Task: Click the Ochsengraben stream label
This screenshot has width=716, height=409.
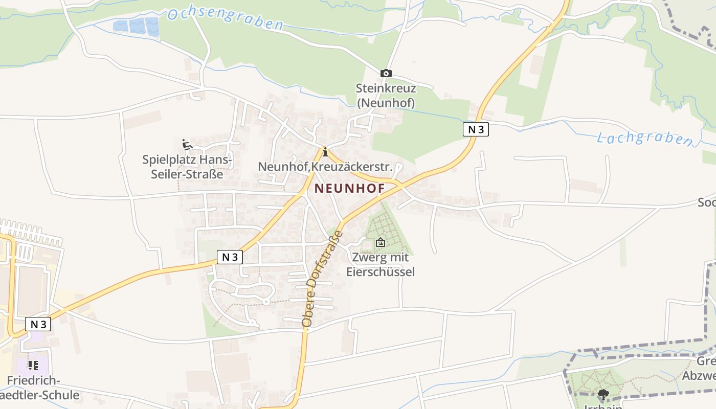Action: pos(225,18)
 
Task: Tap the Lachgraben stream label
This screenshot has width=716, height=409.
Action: pos(644,139)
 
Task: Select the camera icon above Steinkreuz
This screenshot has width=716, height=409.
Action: pos(386,74)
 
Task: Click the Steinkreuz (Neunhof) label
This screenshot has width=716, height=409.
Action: pos(386,96)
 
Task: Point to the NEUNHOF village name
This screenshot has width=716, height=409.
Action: pos(349,188)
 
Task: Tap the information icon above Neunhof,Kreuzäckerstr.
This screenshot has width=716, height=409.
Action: pos(325,152)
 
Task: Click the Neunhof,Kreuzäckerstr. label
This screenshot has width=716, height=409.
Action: pos(325,167)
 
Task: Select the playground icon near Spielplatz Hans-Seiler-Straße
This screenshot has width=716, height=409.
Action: pos(187,145)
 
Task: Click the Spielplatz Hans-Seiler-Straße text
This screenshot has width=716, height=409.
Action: pos(187,167)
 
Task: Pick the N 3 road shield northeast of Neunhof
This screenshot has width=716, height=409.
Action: pos(476,129)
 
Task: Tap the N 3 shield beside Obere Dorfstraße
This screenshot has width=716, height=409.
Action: pos(230,257)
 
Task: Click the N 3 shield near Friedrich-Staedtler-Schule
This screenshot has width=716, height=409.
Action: pos(38,324)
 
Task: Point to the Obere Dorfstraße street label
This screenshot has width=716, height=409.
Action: pos(323,279)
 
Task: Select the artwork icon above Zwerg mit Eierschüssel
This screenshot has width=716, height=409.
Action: pos(380,242)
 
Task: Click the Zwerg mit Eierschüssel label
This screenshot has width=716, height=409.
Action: pos(380,265)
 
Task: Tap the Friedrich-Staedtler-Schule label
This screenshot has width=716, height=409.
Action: pos(36,388)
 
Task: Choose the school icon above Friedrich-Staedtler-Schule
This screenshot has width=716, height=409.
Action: pos(33,365)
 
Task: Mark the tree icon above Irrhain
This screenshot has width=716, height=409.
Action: pos(603,394)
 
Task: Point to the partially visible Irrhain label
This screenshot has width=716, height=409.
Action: pos(603,406)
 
